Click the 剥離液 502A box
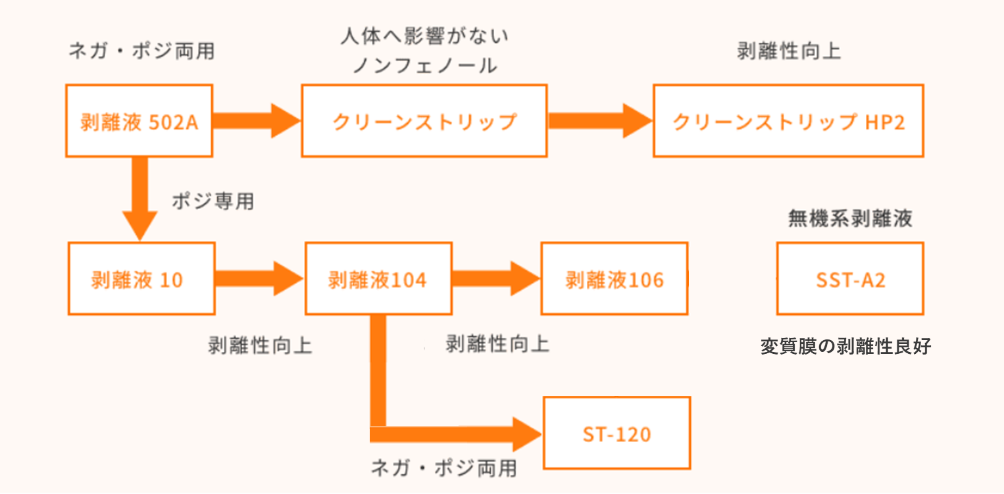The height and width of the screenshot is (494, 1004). point(139,121)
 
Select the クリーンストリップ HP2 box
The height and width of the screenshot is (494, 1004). point(788,121)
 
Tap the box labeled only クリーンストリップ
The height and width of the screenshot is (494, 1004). point(424,121)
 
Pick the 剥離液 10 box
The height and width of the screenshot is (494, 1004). point(141,279)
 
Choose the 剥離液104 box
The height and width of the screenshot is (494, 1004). point(378,279)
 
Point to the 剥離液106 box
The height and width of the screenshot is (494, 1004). point(615,279)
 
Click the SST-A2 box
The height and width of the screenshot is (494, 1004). point(850,279)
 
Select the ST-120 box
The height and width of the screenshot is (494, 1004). point(616,433)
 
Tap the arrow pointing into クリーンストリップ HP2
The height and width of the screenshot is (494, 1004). point(599,121)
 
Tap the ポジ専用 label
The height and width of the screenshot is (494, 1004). point(213,201)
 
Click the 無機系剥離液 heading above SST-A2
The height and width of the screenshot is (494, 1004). point(850,218)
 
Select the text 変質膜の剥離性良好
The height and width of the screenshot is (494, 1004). point(845,346)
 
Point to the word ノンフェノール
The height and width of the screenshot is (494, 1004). point(425,66)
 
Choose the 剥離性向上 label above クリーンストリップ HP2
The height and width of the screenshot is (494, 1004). point(789,52)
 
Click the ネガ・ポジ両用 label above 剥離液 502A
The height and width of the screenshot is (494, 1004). point(141,52)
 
